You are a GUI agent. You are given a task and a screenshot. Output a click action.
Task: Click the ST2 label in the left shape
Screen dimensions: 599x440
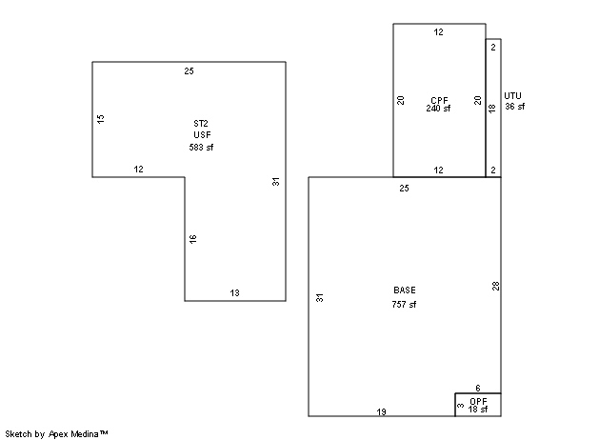pyautogui.click(x=201, y=124)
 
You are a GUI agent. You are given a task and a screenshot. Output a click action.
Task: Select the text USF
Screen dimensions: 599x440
pyautogui.click(x=202, y=135)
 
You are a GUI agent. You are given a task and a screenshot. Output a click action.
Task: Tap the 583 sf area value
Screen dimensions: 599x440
pyautogui.click(x=201, y=147)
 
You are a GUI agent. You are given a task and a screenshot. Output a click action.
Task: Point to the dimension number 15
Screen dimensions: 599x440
pyautogui.click(x=101, y=119)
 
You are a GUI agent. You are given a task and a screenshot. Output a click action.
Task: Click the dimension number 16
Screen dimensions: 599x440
pyautogui.click(x=193, y=239)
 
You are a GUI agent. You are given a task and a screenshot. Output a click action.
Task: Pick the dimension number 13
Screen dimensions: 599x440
pyautogui.click(x=234, y=293)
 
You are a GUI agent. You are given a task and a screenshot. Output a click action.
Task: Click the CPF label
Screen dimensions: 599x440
pyautogui.click(x=439, y=100)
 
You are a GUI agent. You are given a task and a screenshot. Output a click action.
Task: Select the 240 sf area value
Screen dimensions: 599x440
pyautogui.click(x=438, y=109)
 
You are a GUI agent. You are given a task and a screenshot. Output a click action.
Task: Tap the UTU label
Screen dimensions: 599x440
pyautogui.click(x=512, y=95)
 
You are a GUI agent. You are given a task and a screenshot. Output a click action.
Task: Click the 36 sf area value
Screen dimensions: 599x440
pyautogui.click(x=515, y=106)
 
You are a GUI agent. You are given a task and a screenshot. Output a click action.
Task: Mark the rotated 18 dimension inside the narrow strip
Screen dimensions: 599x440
pyautogui.click(x=492, y=108)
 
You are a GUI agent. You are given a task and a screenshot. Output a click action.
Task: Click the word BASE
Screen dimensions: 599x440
pyautogui.click(x=405, y=290)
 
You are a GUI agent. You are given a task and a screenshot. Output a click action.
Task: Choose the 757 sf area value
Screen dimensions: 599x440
pyautogui.click(x=404, y=304)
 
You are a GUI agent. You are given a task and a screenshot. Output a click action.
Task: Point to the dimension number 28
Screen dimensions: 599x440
pyautogui.click(x=495, y=286)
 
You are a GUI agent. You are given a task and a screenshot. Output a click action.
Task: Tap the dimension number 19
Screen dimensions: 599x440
pyautogui.click(x=381, y=411)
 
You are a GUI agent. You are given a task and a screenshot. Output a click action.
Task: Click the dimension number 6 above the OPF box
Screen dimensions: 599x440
pyautogui.click(x=478, y=388)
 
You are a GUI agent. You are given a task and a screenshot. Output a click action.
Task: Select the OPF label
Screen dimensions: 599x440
pyautogui.click(x=478, y=401)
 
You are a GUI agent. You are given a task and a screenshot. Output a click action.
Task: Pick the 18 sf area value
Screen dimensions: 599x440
pyautogui.click(x=478, y=410)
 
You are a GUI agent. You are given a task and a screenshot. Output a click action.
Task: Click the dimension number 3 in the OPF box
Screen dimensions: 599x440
pyautogui.click(x=461, y=406)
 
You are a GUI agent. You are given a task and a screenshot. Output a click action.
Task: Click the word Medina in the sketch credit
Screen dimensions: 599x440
pyautogui.click(x=85, y=434)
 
